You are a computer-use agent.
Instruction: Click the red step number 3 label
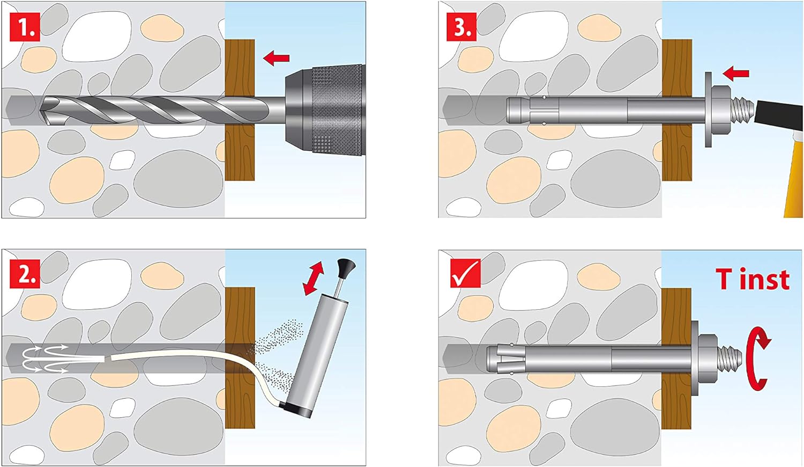coord(461,27)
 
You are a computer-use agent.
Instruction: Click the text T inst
coord(753,280)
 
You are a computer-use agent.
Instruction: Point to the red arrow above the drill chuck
coord(277,57)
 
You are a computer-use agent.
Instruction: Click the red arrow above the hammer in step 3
coord(735,73)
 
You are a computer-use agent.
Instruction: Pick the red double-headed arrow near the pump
coord(314,278)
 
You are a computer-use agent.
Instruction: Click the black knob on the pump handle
coord(346,265)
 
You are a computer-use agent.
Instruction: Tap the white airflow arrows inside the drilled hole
coord(46,359)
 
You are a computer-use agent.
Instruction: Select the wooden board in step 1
coord(240,110)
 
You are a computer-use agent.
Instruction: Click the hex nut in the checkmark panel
coord(708,357)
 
